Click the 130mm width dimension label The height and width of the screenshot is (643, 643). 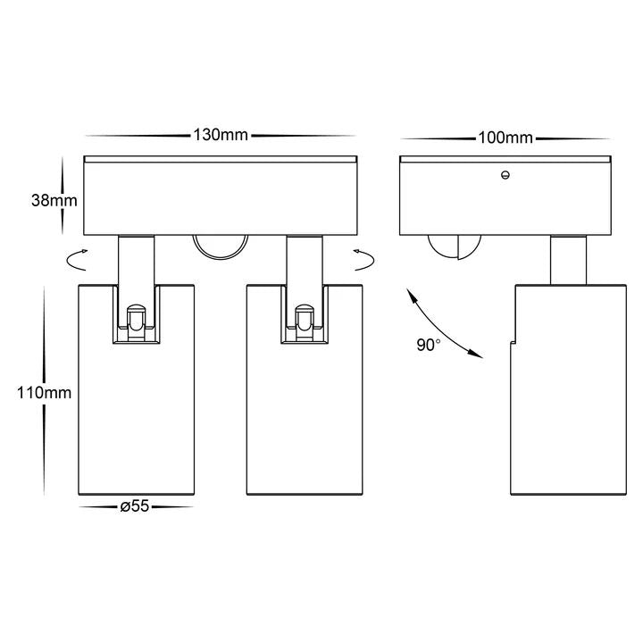(221, 135)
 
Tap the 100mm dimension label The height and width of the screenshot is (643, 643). (505, 138)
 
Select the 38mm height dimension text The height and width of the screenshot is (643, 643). (54, 201)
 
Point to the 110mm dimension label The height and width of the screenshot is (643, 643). (45, 393)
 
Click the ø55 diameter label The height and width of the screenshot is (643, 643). (135, 506)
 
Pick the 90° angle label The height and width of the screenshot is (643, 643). (429, 345)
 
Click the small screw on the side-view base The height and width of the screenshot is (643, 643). (505, 175)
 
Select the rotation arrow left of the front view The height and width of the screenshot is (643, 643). (77, 260)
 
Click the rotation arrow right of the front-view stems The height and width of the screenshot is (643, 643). (363, 260)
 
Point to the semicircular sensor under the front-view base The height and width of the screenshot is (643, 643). (221, 246)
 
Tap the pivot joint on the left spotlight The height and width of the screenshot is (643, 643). (136, 322)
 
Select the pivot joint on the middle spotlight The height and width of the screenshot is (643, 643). (305, 322)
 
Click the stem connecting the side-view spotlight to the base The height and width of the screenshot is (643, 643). (568, 261)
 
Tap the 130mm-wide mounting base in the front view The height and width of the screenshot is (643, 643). (221, 196)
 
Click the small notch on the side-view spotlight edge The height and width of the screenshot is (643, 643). (513, 342)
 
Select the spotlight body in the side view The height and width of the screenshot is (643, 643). (568, 390)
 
